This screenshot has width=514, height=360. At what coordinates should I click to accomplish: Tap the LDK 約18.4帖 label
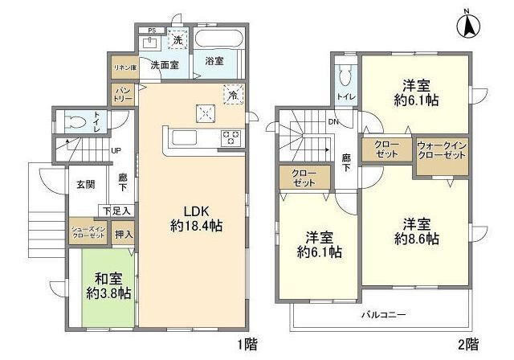[x=196, y=219]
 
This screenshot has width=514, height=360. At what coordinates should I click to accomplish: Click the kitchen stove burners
[x=231, y=137]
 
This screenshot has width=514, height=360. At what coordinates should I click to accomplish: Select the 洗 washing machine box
[x=177, y=40]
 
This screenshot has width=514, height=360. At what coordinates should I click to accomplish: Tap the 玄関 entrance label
[x=86, y=185]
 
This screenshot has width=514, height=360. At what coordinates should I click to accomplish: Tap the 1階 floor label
[x=248, y=345]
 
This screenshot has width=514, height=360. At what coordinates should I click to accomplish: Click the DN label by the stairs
[x=332, y=122]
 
